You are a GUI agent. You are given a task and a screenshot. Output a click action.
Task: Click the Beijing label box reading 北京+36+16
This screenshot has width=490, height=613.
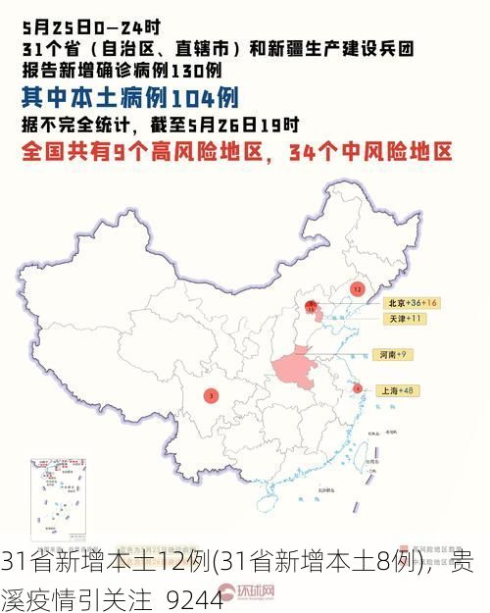411,303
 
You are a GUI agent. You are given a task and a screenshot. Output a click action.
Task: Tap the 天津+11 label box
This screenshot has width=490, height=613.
402,319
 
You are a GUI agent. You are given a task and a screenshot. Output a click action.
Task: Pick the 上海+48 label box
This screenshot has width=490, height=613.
398,390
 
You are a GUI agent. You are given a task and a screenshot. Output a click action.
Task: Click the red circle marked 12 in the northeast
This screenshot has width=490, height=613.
357,289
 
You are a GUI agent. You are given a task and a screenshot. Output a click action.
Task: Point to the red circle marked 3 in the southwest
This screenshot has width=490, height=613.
211,396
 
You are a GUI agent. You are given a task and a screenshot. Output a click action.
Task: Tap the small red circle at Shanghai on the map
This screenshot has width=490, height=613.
358,388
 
